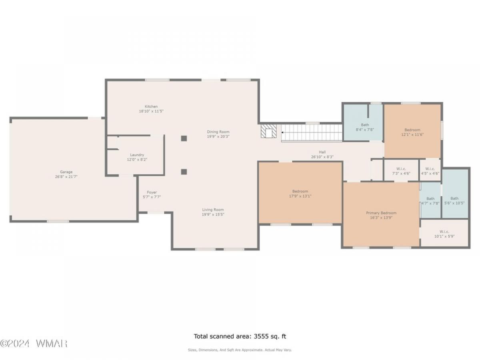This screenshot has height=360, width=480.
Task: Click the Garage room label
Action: point(66,172)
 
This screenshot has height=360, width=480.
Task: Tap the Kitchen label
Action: point(151,106)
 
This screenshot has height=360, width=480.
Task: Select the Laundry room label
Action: point(137,155)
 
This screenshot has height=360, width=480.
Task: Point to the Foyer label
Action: point(152,192)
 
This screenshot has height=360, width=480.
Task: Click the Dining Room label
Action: point(218,132)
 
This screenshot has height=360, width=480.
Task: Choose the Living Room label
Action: point(212,210)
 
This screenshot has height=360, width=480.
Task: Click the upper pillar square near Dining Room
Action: point(184,138)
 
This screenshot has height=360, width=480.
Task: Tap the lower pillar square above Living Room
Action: point(184,172)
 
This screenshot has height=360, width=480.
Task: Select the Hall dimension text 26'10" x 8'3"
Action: point(322,157)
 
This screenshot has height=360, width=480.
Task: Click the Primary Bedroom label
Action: point(381,213)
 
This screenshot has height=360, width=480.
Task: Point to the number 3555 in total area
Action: point(262,336)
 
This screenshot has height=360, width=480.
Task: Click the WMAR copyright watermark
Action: point(34,344)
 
